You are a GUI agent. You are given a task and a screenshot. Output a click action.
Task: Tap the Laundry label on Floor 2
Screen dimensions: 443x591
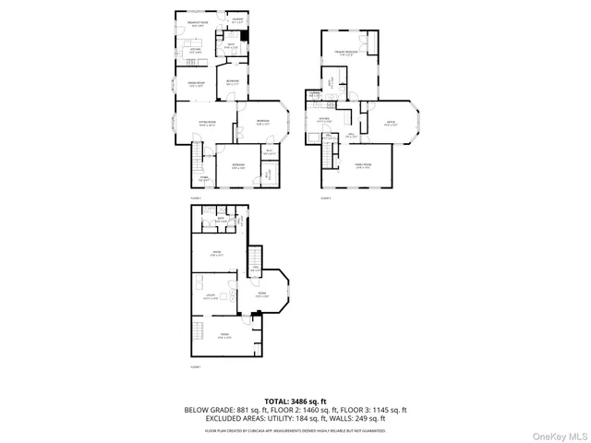(x=237, y=20)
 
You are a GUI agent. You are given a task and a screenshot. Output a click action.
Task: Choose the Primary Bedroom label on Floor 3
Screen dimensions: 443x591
(x=346, y=54)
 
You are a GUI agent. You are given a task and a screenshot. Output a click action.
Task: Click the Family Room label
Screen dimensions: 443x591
(x=363, y=167)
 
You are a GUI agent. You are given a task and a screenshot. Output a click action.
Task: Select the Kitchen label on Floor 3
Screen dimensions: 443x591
(x=325, y=120)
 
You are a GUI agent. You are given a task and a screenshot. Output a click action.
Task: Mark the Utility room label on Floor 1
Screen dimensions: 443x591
(x=211, y=296)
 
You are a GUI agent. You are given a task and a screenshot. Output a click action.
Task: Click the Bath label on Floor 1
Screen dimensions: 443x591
(x=221, y=220)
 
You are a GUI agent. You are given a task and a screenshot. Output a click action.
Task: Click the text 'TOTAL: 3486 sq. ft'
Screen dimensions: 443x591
(x=295, y=401)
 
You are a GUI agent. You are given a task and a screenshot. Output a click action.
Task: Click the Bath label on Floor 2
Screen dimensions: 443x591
(x=233, y=44)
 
